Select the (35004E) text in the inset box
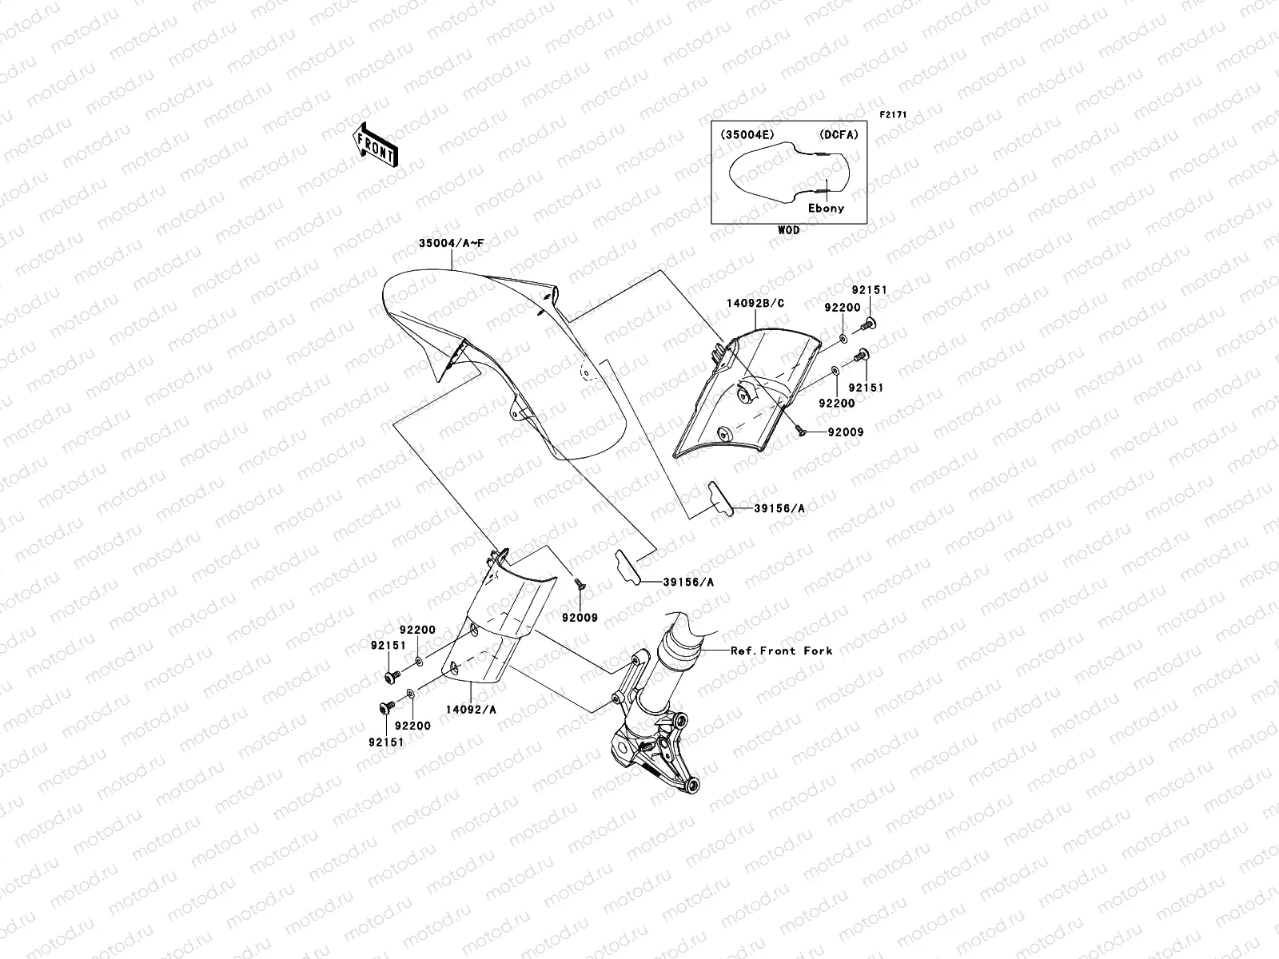coord(747,135)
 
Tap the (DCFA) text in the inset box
coord(838,135)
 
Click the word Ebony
coord(825,208)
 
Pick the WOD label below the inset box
coord(788,230)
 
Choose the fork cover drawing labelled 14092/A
coord(492,631)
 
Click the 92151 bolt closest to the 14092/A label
coord(384,708)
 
